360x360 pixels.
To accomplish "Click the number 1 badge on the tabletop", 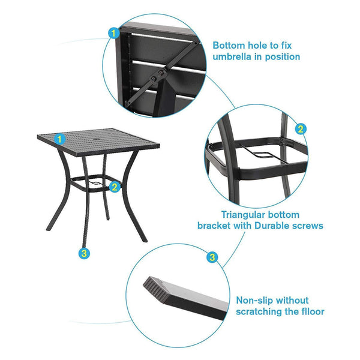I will pyautogui.click(x=59, y=139).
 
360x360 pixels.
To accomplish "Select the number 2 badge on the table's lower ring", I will pyautogui.click(x=115, y=187).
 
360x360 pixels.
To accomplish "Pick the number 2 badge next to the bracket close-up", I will pyautogui.click(x=301, y=128).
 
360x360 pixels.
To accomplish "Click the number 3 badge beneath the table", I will pyautogui.click(x=85, y=254).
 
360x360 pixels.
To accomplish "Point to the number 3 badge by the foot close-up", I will pyautogui.click(x=212, y=257).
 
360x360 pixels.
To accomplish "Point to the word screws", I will pyautogui.click(x=308, y=226).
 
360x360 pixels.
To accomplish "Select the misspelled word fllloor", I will pyautogui.click(x=308, y=311).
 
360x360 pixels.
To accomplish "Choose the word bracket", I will pyautogui.click(x=215, y=226).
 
